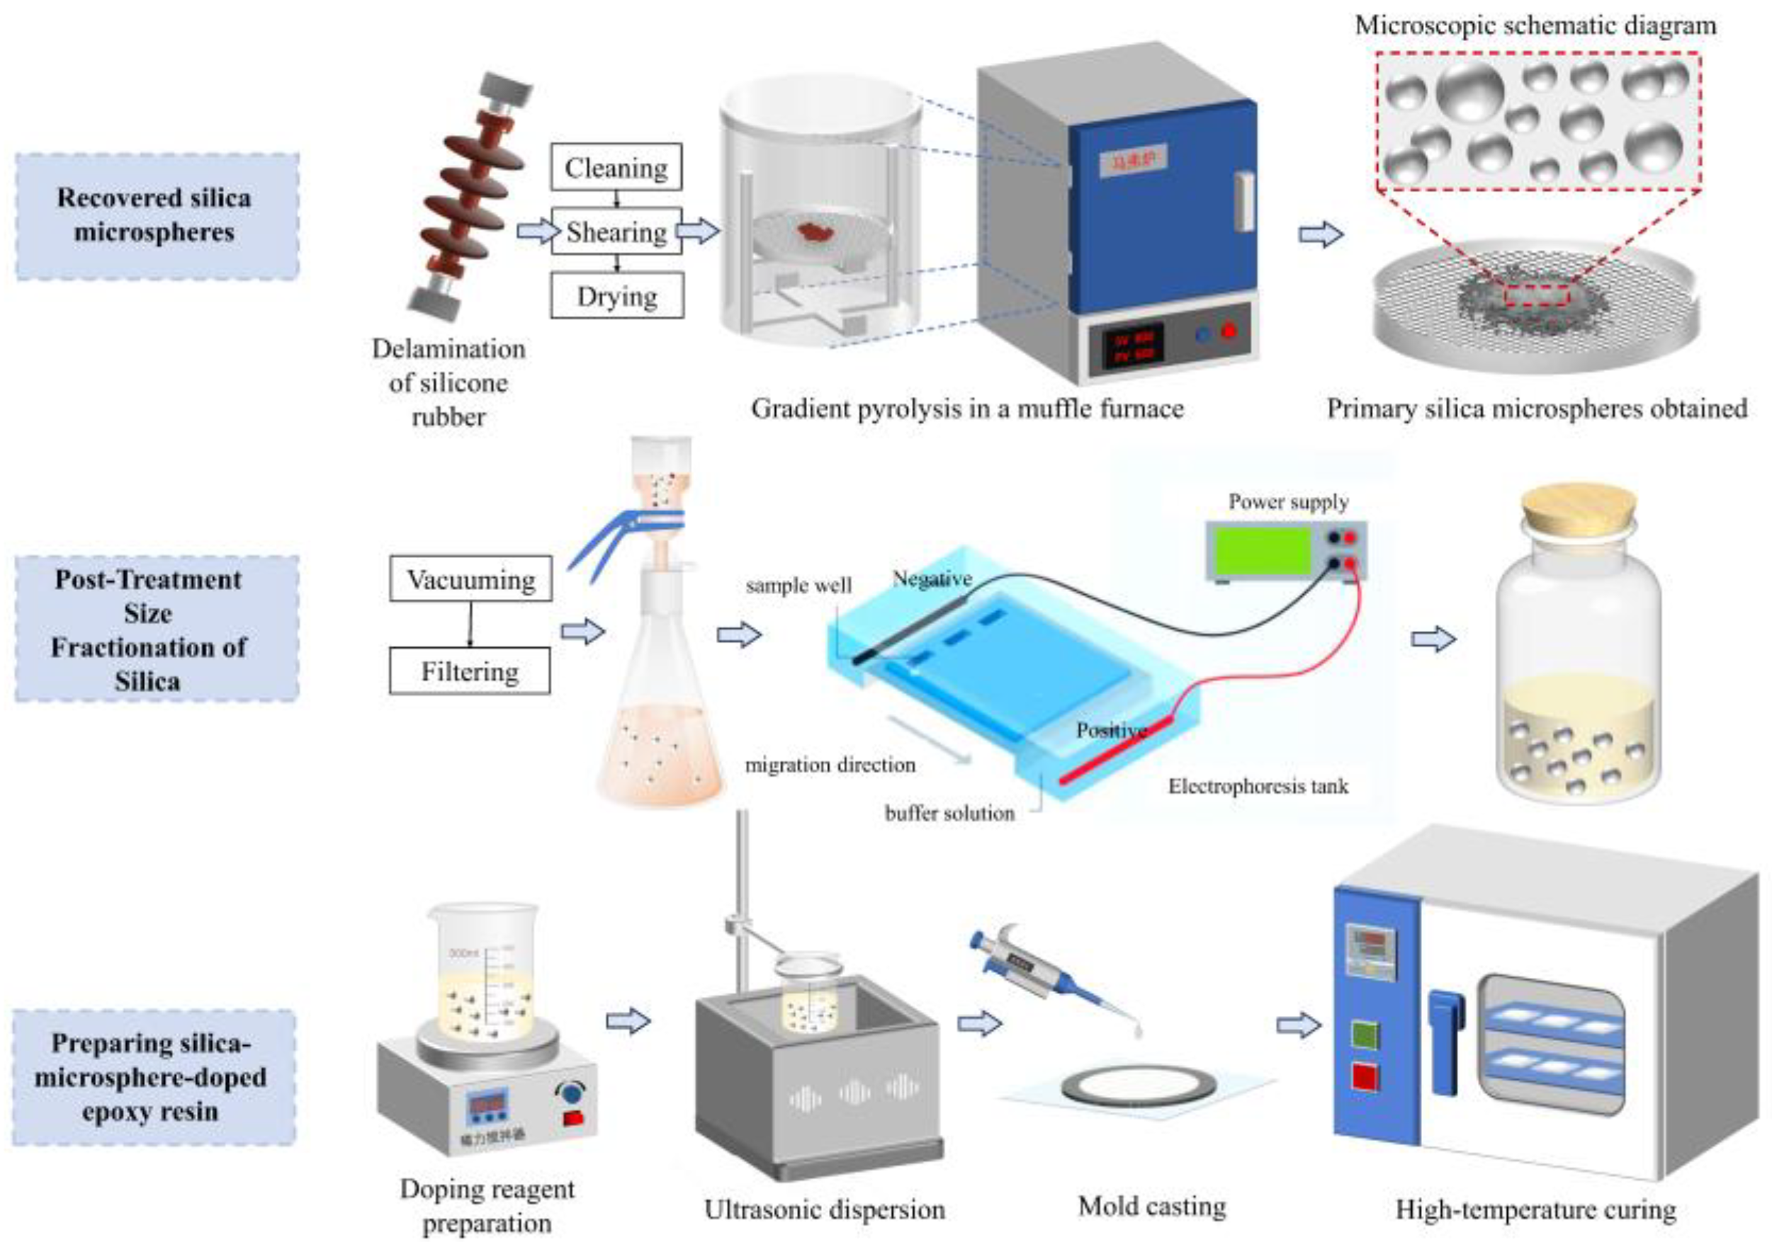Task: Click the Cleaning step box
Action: [x=616, y=166]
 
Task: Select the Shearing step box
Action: [x=616, y=232]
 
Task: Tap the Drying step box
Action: [x=616, y=295]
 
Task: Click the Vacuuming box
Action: [x=470, y=579]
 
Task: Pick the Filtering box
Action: [x=470, y=671]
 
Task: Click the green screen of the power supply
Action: [x=1263, y=550]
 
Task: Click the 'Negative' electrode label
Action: [x=932, y=578]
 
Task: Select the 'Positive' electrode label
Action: [x=1112, y=730]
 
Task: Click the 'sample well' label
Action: [x=798, y=586]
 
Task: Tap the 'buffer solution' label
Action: [x=949, y=813]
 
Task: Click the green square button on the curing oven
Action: [x=1365, y=1035]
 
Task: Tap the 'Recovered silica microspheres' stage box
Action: [x=155, y=215]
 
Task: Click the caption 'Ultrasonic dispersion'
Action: [x=824, y=1209]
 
